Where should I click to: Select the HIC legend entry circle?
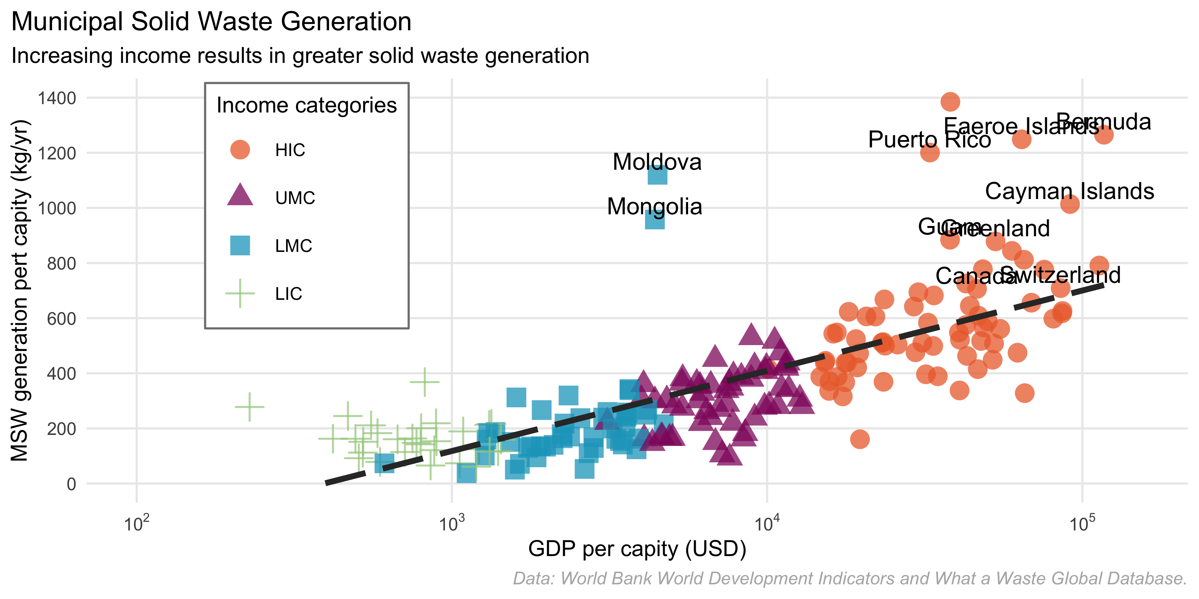tap(240, 150)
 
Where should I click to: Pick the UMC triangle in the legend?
tap(240, 196)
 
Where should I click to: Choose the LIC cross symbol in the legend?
tap(240, 294)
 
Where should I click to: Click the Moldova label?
tap(657, 162)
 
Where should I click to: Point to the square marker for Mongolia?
tap(655, 220)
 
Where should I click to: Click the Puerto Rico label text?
tap(929, 139)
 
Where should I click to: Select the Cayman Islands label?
tap(1069, 191)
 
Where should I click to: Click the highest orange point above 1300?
tap(950, 101)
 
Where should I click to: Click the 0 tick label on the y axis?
tap(71, 484)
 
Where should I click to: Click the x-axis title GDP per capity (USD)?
tap(637, 549)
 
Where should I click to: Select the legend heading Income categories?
tap(306, 105)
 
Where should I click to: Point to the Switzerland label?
tap(1060, 275)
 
